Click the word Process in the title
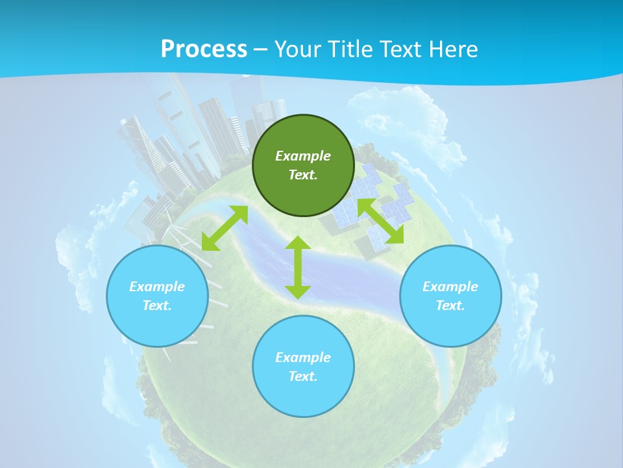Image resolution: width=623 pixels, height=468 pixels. pos(204,49)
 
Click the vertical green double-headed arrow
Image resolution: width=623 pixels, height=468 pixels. pos(298,267)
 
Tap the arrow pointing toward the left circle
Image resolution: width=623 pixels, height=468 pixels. pos(225,228)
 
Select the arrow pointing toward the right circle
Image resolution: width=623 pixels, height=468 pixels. pos(380,221)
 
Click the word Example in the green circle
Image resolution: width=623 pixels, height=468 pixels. pos(303,156)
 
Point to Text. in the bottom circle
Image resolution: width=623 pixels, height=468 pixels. pos(303,376)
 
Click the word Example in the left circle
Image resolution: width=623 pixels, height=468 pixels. pos(157,287)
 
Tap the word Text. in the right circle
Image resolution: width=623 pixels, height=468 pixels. pos(450,305)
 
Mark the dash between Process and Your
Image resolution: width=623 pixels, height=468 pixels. pos(261,50)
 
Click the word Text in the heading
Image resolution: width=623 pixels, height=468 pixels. pos(401,49)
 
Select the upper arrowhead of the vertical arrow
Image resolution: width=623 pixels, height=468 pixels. pos(298,243)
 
